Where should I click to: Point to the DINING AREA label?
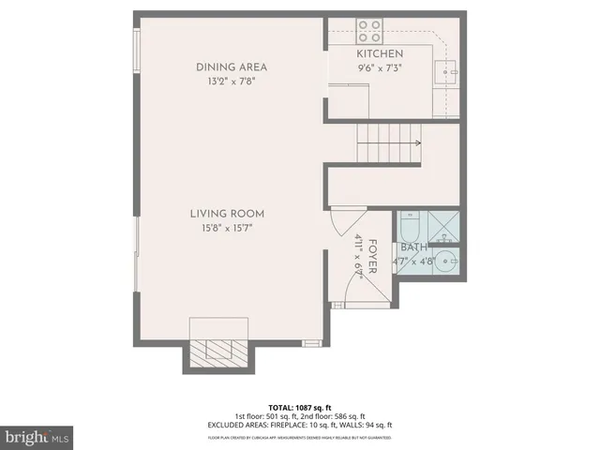(x=231, y=67)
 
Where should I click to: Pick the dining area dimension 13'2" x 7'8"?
(x=231, y=82)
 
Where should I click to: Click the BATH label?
(x=413, y=247)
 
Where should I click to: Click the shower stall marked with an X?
(x=445, y=225)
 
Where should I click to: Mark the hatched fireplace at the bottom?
(x=219, y=352)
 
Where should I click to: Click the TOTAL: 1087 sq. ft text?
(x=299, y=408)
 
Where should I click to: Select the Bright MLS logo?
(x=37, y=437)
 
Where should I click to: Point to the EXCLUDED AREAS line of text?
(x=299, y=425)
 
